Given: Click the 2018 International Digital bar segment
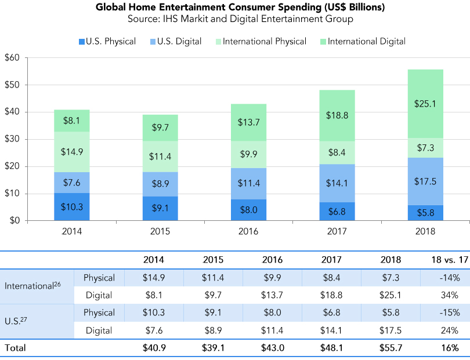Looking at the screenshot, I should pyautogui.click(x=425, y=104).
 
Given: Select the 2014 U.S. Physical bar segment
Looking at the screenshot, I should pyautogui.click(x=72, y=206).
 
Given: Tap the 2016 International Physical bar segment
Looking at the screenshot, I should pyautogui.click(x=248, y=155).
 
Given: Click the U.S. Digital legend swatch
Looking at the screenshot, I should pyautogui.click(x=153, y=42).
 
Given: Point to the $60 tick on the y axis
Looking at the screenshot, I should pyautogui.click(x=12, y=58).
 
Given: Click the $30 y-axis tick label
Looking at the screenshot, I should pyautogui.click(x=12, y=139).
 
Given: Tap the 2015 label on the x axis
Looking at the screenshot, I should pyautogui.click(x=161, y=230).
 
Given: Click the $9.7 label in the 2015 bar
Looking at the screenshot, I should pyautogui.click(x=161, y=127).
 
